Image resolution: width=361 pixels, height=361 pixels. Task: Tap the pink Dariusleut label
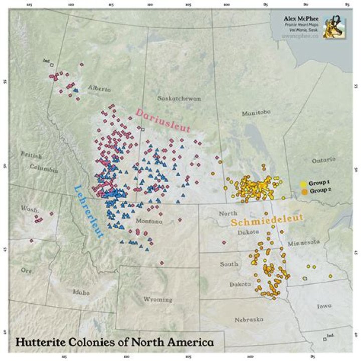coord(163,120)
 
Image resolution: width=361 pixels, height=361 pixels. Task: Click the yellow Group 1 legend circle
coord(303,184)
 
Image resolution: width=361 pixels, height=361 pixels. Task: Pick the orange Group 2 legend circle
coord(303,191)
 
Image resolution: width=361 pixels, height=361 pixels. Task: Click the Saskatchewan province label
coord(179,98)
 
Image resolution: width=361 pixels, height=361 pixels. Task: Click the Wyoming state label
coord(157,299)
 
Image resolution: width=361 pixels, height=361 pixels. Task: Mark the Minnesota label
coord(303,242)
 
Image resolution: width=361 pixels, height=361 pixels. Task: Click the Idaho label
coord(81,292)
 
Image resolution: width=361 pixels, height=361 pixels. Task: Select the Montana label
coord(149,221)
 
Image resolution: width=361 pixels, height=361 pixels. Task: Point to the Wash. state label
coord(28,208)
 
